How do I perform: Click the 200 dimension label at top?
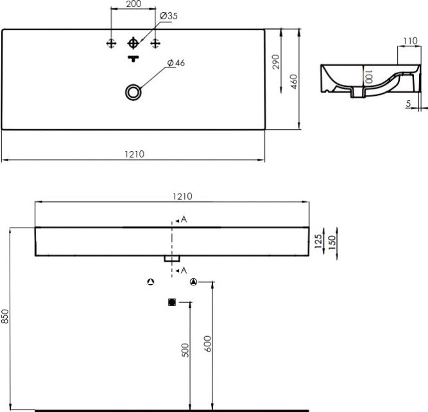point(133,4)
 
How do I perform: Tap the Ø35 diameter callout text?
point(169,16)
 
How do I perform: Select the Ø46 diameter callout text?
point(176,63)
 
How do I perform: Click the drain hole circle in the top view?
point(133,92)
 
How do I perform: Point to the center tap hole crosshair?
point(133,43)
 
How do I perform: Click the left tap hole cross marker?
point(111,44)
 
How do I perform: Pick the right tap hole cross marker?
point(155,44)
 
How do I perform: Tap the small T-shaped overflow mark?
point(133,58)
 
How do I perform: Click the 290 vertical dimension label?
point(276,62)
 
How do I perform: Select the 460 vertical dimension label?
point(294,82)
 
